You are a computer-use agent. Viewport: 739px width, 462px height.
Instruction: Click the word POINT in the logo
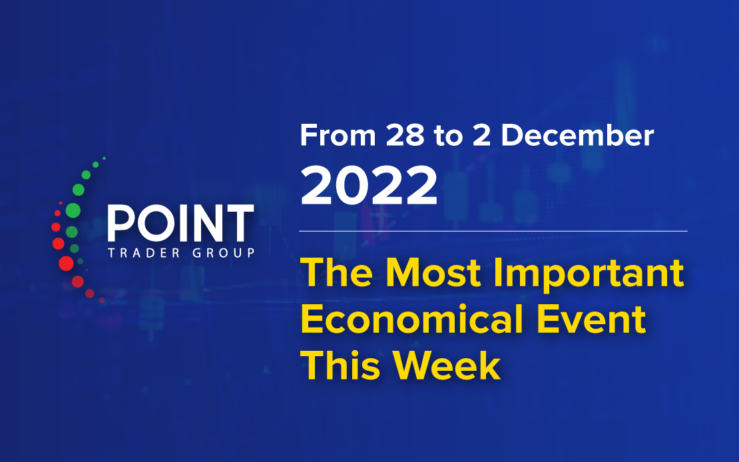pos(181,223)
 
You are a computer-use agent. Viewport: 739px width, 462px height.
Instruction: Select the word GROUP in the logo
pos(224,253)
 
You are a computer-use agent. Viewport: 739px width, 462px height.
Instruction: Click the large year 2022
pos(369,185)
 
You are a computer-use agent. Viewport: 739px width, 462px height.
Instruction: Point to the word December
pos(577,135)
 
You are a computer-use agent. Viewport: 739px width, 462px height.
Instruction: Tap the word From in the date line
pos(338,136)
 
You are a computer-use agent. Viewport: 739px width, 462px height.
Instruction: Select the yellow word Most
pos(433,273)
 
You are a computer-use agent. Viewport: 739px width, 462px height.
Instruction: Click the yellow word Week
pos(447,366)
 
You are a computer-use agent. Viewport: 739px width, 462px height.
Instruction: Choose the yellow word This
pos(340,366)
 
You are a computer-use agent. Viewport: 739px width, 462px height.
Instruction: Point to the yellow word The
pos(337,273)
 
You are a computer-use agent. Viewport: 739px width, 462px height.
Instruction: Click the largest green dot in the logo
pos(73,210)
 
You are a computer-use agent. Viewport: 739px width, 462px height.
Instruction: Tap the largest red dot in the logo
pos(66,263)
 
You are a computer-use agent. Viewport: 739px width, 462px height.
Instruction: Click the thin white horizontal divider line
pos(493,231)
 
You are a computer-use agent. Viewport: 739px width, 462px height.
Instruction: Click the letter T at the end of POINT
pos(239,224)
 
